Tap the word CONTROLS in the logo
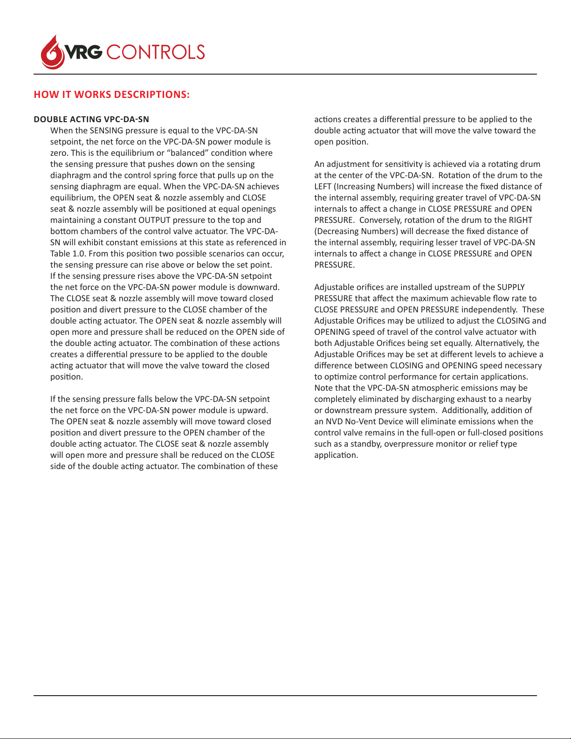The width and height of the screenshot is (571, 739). point(156,52)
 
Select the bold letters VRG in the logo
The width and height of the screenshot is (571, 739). point(83,52)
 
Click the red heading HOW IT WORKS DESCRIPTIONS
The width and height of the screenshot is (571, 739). point(111,95)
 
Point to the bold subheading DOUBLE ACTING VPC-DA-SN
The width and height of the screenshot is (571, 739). point(91,119)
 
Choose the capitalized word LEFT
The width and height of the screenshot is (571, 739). point(323,186)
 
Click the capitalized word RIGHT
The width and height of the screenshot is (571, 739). point(521,220)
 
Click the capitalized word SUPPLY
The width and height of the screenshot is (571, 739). point(511,287)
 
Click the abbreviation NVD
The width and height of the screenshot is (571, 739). point(334,421)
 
